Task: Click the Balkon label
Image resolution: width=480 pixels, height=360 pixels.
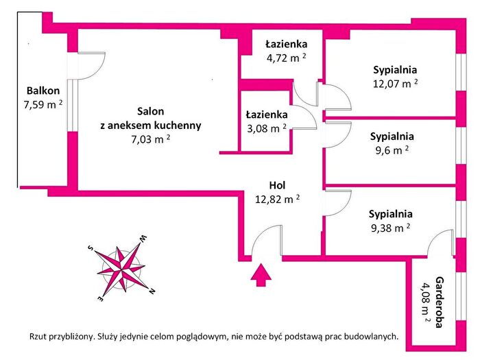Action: pyautogui.click(x=43, y=91)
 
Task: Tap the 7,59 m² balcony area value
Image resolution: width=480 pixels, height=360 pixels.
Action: pyautogui.click(x=43, y=105)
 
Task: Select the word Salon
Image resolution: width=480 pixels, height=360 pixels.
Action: pyautogui.click(x=151, y=111)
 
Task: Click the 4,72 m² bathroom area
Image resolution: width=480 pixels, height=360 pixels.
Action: pyautogui.click(x=286, y=58)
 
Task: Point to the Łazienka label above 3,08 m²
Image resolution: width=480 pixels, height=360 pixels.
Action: pyautogui.click(x=267, y=115)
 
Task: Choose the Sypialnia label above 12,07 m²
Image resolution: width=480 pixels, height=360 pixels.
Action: pyautogui.click(x=395, y=70)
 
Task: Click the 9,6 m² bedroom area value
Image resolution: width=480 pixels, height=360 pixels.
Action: pyautogui.click(x=392, y=150)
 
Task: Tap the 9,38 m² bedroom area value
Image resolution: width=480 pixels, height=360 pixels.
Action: pyautogui.click(x=391, y=228)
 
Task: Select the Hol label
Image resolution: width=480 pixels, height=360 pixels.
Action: pyautogui.click(x=277, y=185)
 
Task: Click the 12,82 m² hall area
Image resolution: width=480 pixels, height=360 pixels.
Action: pyautogui.click(x=277, y=200)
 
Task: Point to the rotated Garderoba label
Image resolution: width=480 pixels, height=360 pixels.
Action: pyautogui.click(x=440, y=302)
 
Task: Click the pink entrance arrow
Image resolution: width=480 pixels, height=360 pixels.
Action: pyautogui.click(x=261, y=274)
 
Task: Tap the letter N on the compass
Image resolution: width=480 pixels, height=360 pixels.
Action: pyautogui.click(x=152, y=291)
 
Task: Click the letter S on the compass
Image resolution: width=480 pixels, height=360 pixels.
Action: pyautogui.click(x=91, y=248)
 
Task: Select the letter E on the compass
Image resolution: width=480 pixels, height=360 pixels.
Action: pyautogui.click(x=101, y=298)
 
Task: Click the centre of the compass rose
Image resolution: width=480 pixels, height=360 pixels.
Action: pyautogui.click(x=121, y=270)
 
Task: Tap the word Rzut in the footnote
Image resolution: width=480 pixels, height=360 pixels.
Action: pyautogui.click(x=38, y=337)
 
